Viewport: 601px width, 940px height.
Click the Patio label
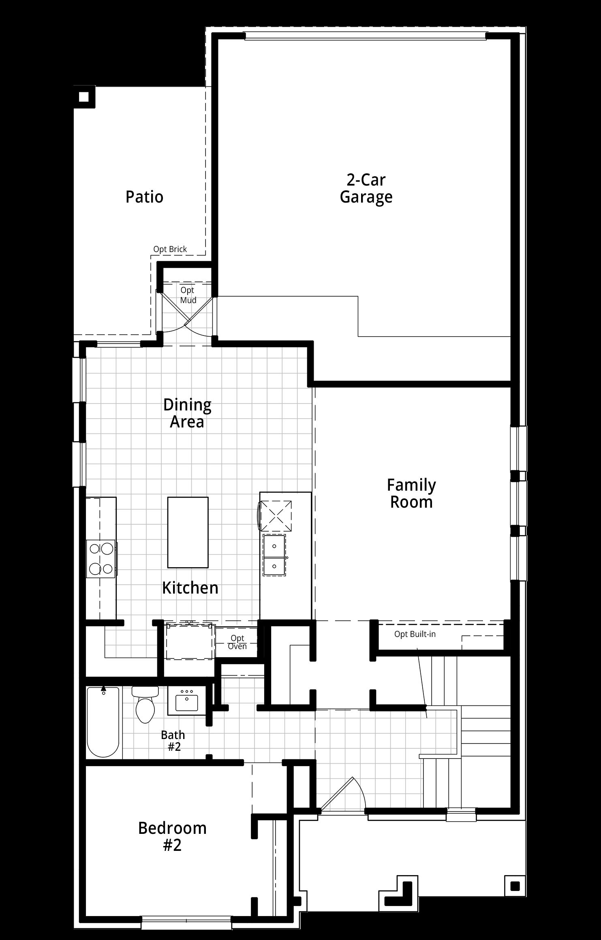(144, 197)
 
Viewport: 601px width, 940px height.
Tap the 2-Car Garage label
(366, 188)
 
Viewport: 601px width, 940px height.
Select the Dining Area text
(187, 413)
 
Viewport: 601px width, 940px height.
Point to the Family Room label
(411, 493)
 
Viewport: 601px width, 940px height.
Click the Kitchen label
(190, 587)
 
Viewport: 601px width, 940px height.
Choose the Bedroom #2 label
(172, 837)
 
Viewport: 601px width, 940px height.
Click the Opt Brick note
(170, 249)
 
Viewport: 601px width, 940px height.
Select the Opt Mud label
(188, 295)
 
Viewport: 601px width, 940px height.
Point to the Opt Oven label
(237, 642)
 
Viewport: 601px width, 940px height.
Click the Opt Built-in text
(415, 634)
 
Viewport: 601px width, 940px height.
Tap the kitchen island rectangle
(188, 532)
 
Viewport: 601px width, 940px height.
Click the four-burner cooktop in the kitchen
(101, 559)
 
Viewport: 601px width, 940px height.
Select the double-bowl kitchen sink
(274, 555)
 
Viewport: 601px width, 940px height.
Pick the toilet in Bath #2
(145, 705)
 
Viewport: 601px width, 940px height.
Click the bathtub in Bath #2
(103, 722)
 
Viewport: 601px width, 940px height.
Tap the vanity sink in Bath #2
(187, 700)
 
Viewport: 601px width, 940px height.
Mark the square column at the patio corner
(84, 97)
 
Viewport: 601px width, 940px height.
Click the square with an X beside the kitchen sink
(276, 517)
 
